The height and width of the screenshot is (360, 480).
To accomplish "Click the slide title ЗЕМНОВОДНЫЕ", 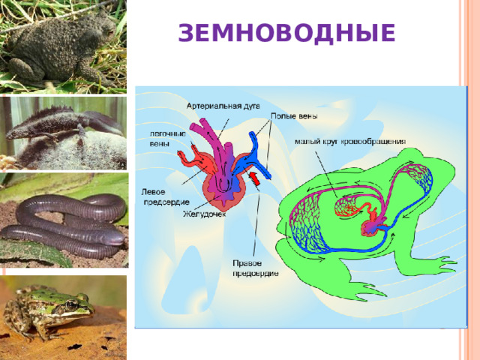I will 286,33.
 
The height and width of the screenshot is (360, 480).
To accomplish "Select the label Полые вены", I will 293,116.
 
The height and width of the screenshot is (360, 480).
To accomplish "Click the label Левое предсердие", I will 159,196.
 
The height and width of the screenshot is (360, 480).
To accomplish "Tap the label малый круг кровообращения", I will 350,140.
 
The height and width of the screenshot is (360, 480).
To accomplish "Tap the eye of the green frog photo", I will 71,305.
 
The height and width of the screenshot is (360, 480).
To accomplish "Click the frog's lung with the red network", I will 346,206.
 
